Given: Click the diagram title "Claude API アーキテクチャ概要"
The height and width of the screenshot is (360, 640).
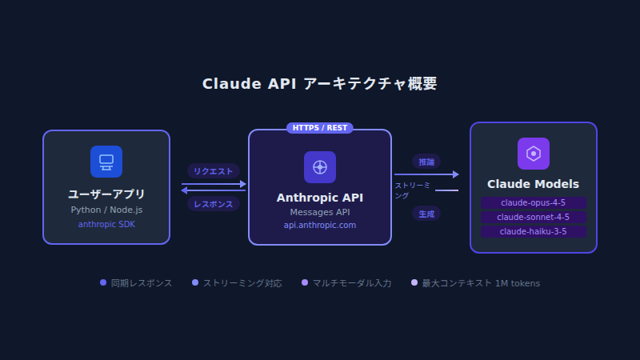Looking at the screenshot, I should point(320,84).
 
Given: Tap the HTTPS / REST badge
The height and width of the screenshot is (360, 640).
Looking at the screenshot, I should point(319,128).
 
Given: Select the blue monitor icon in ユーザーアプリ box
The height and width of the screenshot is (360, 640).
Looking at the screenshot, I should point(106,161).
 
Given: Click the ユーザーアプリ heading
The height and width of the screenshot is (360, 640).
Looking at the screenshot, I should point(106,194).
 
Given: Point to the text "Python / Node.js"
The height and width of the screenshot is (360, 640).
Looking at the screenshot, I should point(106,210).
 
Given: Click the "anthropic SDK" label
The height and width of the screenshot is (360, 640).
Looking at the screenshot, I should point(106,225).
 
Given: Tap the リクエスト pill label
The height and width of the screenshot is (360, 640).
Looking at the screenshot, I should point(214,170).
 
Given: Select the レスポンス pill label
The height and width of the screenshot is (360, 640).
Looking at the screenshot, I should point(214,204).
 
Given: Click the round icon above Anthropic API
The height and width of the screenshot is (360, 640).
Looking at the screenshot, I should point(319,167).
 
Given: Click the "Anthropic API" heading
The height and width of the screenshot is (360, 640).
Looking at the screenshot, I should point(319,198).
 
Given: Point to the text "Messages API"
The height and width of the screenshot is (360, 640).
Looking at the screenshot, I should point(319,212).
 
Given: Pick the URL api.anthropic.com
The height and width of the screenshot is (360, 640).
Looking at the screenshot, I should point(319,226).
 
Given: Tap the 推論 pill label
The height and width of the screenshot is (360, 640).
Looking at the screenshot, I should point(426,162).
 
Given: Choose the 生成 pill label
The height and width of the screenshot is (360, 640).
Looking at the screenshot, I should point(426,214).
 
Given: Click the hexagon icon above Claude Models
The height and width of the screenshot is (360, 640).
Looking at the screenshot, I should point(533,154).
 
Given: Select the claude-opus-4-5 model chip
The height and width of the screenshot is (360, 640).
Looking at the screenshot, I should point(533,202).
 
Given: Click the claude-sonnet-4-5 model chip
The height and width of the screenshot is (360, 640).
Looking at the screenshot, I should point(533,217).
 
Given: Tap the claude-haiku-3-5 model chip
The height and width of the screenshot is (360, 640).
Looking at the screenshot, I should point(533,231).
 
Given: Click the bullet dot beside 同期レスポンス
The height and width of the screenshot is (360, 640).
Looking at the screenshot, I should point(103,282).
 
